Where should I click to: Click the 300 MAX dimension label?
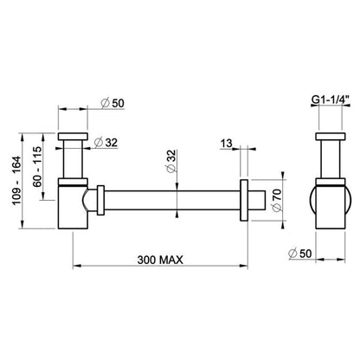160,260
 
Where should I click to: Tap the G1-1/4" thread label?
331,100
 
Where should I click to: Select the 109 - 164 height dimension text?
16,180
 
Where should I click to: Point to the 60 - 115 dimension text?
37,167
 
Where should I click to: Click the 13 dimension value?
227,143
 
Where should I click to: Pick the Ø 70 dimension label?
276,200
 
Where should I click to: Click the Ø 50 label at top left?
112,103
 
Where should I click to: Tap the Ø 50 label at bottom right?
300,254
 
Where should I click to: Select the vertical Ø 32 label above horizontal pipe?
171,161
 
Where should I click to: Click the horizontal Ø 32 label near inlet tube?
106,142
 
